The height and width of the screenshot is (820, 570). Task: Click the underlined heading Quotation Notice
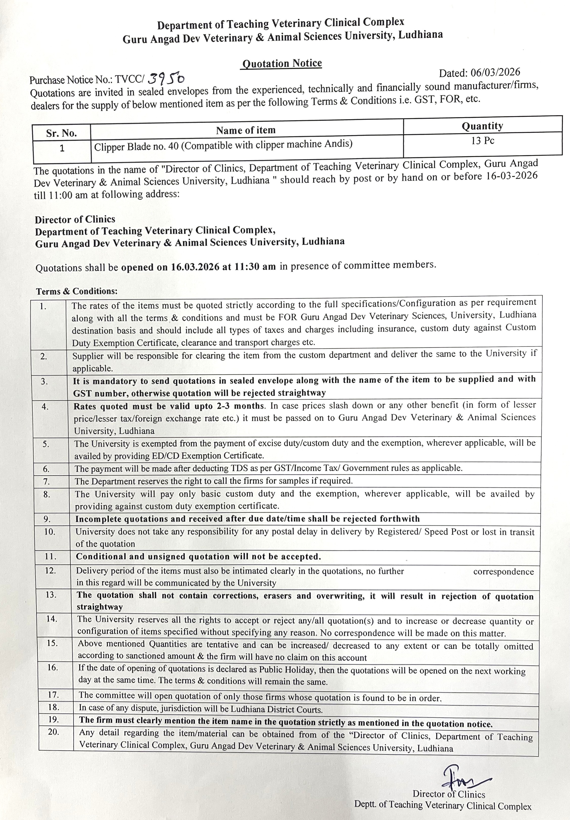click(x=282, y=63)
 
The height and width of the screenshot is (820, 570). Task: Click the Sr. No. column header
click(x=61, y=133)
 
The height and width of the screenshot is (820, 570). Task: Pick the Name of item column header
click(x=246, y=130)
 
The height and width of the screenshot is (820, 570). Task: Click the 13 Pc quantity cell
click(x=483, y=141)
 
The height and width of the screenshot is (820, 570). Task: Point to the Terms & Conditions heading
click(x=77, y=291)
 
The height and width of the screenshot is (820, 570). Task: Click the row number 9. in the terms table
click(x=47, y=519)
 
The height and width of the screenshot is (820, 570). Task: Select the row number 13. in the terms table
click(x=51, y=595)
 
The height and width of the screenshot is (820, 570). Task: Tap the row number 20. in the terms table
click(x=54, y=732)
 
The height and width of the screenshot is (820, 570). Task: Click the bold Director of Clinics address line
click(x=75, y=219)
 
